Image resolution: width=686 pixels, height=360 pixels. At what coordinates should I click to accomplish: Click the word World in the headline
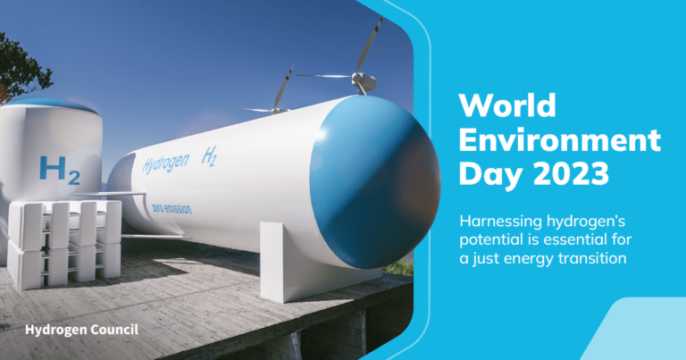point(507,105)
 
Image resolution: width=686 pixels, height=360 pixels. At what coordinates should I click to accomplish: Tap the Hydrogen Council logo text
point(82,330)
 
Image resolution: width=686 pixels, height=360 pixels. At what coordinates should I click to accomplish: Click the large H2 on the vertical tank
point(60,171)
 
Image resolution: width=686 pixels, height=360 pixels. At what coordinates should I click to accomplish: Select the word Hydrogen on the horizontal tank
point(166,164)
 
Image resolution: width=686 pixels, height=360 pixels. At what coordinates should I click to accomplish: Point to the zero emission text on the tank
point(171,209)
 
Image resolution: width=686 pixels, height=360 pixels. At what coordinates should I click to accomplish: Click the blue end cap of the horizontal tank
point(375,181)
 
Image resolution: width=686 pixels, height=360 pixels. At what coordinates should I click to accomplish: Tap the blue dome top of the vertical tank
point(52,105)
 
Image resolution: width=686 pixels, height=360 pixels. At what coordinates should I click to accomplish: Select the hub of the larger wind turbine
point(364,81)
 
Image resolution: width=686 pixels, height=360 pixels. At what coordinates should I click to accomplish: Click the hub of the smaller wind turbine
point(279,111)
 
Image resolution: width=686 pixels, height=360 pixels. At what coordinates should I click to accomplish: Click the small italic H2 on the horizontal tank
point(210,156)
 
